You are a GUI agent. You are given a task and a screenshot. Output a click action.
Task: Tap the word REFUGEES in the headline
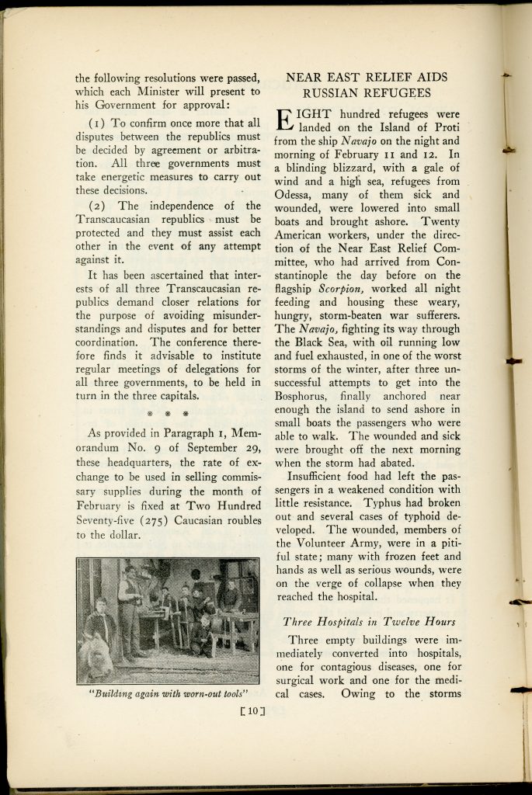click(394, 93)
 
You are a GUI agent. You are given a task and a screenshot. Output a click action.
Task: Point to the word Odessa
click(297, 195)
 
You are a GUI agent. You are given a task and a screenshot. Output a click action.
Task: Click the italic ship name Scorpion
click(344, 288)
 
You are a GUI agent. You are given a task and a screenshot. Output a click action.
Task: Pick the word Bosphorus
click(307, 395)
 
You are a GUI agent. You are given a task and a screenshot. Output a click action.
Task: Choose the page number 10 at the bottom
click(252, 708)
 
